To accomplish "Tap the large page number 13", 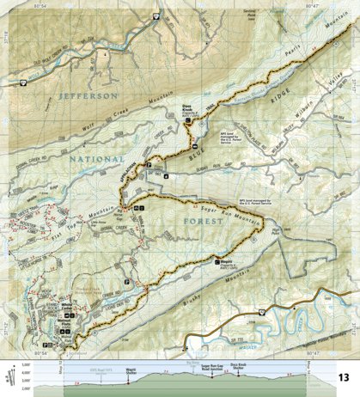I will (x=343, y=376).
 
